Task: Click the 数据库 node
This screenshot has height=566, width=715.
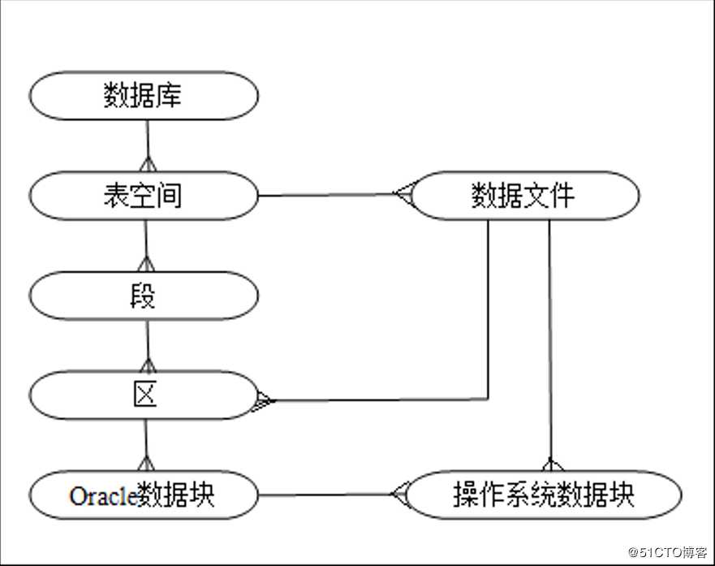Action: (x=144, y=95)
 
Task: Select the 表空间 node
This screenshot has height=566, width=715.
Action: (x=144, y=195)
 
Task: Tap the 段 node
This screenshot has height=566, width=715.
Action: (x=144, y=296)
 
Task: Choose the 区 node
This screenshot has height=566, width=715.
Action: (x=144, y=395)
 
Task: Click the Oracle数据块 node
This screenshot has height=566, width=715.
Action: (x=144, y=495)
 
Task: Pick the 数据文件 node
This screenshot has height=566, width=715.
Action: (x=523, y=195)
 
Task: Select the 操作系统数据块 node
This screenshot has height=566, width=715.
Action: (x=543, y=495)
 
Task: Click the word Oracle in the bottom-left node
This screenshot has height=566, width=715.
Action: (x=102, y=495)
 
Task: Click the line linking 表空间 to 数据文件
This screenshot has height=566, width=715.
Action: (x=325, y=195)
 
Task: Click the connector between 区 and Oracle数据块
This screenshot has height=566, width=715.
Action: (x=145, y=443)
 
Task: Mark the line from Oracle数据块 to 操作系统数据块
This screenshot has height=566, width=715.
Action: (x=325, y=495)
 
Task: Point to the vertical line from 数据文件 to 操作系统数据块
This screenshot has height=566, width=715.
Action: (x=550, y=341)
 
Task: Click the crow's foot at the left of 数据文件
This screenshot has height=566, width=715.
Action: (x=403, y=194)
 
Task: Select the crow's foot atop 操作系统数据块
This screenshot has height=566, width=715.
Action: (x=551, y=465)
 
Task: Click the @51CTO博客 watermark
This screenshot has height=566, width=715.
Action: (x=670, y=553)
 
